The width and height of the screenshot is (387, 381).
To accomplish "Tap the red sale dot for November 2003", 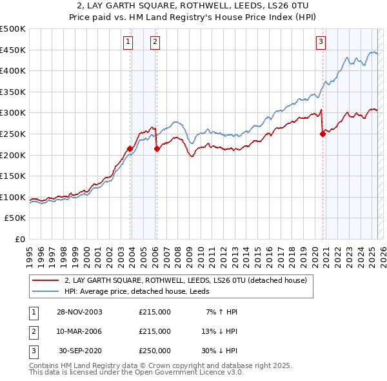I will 130,149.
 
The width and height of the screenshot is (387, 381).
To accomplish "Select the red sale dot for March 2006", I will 157,149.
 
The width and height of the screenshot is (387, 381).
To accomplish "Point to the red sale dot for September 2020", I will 322,134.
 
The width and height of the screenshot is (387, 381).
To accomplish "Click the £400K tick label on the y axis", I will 14,70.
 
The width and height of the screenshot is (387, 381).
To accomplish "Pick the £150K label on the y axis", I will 14,176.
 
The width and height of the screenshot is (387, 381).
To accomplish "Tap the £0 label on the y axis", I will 19,239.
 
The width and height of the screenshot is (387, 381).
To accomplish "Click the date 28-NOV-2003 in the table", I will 79,312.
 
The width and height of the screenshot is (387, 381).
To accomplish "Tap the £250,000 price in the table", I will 155,351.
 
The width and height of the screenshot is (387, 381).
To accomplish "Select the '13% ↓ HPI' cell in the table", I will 219,331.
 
